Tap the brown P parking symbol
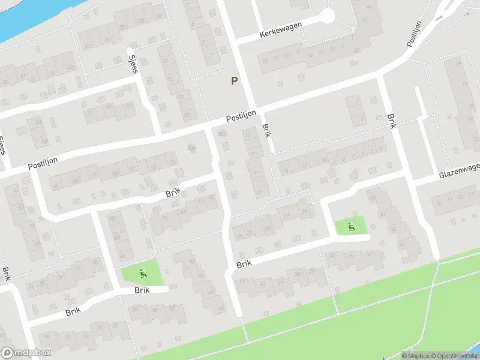coord(234,80)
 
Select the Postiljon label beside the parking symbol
coord(241,116)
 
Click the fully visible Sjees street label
coord(134,62)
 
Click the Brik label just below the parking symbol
coord(266,131)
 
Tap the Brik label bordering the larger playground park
coord(142,290)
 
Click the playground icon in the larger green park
coord(143,274)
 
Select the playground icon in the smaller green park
coord(351,227)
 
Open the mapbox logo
coord(26,353)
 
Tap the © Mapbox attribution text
coord(416,356)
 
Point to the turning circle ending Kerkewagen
coord(327,16)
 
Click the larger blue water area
coord(24,15)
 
